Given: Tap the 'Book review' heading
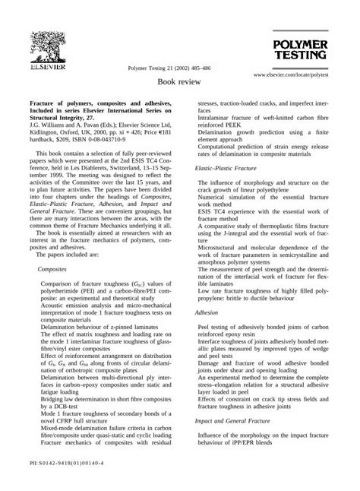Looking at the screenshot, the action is (x=179, y=81).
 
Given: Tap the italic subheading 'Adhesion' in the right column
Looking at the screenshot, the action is (x=206, y=312).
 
